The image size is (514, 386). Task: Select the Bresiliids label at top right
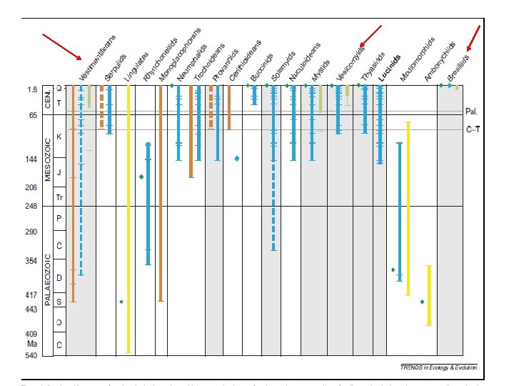pos(458,66)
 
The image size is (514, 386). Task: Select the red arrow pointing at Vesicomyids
pos(371,37)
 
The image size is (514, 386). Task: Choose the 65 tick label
pos(34,114)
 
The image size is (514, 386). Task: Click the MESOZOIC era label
pos(48,159)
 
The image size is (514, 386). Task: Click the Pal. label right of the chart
pos(472,112)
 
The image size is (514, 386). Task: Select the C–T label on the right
pos(473,129)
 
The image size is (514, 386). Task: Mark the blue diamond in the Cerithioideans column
pos(236,158)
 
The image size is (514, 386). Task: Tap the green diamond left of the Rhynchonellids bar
pos(141,177)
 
